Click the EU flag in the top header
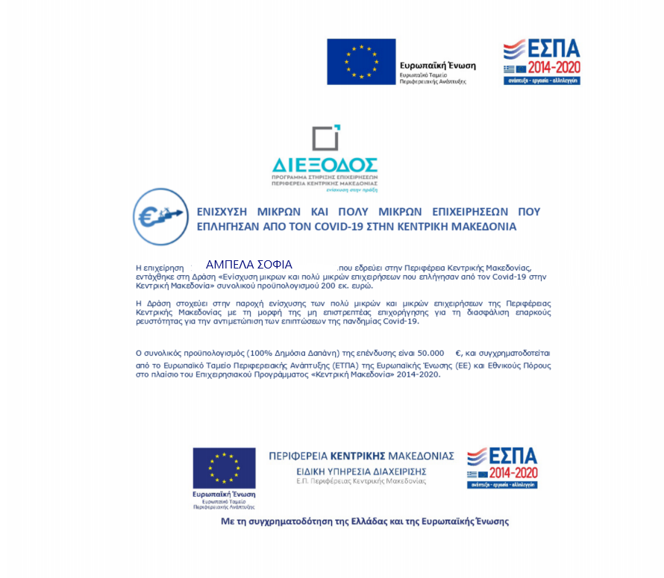point(361,61)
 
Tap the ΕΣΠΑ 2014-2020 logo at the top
point(542,62)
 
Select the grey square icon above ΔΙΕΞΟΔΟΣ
point(326,139)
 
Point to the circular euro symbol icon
point(160,216)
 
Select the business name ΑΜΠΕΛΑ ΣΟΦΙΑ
point(248,265)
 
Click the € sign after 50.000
point(459,352)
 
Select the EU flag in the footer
point(224,468)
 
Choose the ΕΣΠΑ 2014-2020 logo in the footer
point(502,468)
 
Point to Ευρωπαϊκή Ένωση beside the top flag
point(437,66)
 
